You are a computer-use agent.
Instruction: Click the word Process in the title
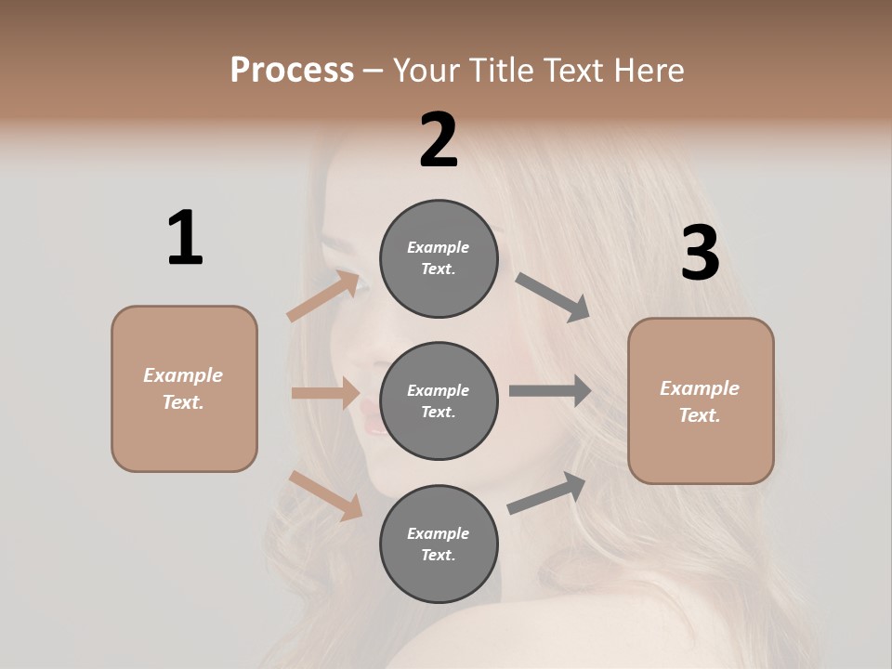click(292, 71)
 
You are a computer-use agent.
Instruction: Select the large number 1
click(185, 238)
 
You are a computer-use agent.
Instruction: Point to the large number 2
click(439, 140)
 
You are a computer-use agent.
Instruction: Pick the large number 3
click(700, 254)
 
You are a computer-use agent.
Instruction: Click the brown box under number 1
click(184, 388)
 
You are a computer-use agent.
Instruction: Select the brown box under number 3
click(701, 400)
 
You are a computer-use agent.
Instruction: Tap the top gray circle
click(439, 258)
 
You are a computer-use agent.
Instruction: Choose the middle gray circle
click(439, 400)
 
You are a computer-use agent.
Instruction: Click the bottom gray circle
click(439, 544)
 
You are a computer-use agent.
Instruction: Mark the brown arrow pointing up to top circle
click(323, 296)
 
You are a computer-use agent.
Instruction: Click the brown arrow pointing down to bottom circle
click(325, 495)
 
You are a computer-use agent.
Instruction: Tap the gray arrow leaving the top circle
click(553, 297)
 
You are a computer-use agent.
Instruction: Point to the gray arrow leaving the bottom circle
click(546, 493)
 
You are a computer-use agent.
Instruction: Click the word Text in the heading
click(572, 71)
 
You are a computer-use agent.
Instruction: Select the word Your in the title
click(425, 71)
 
